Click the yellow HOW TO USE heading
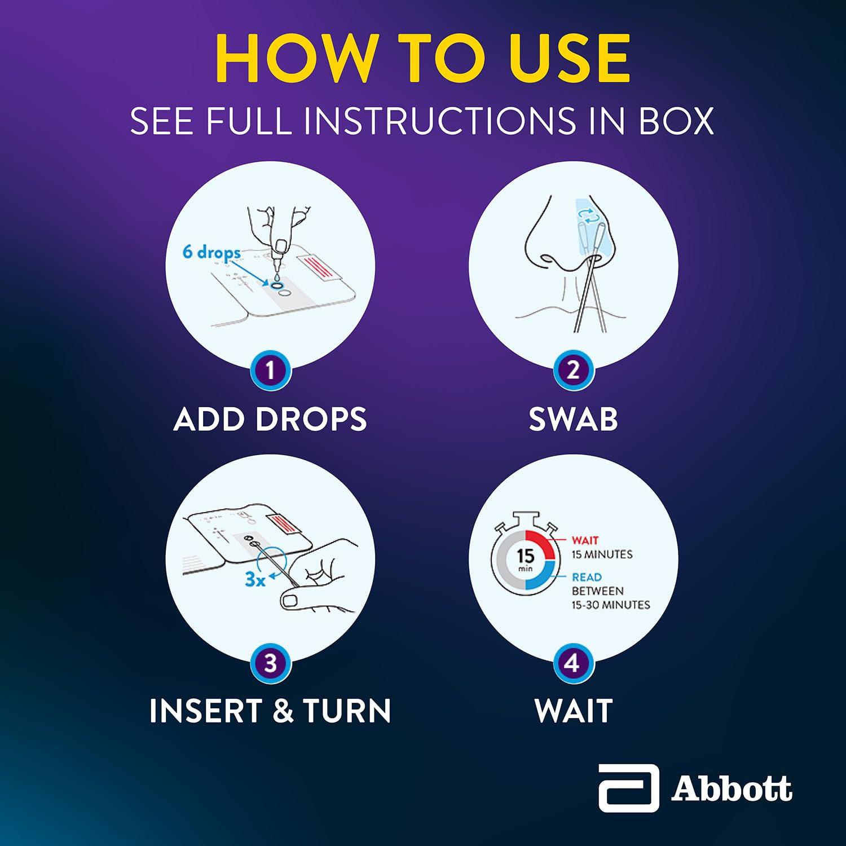pos(422,58)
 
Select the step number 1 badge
pos(270,371)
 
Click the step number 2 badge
pos(573,371)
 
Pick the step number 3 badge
pos(270,663)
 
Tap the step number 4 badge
pos(573,663)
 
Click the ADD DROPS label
pos(270,420)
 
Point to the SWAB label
pos(573,420)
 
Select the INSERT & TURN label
pos(270,711)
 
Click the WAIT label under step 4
pos(574,711)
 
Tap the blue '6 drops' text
pos(211,252)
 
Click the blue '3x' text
pos(255,579)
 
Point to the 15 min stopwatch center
pos(525,559)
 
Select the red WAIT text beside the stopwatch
pos(585,540)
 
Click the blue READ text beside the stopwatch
pos(587,577)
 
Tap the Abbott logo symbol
pos(628,788)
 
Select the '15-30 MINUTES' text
pos(611,605)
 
